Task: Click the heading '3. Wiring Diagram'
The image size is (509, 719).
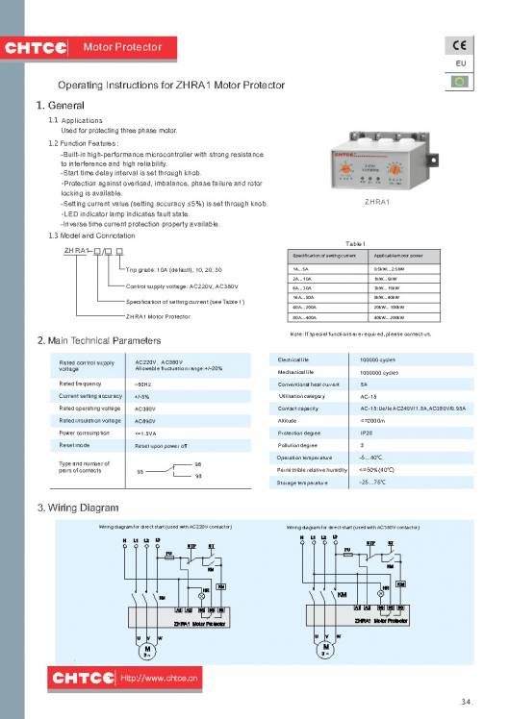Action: click(76, 507)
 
